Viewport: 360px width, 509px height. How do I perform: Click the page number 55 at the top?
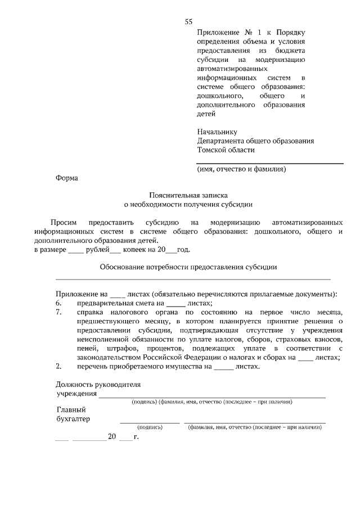188,22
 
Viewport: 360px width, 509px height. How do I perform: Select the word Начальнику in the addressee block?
217,132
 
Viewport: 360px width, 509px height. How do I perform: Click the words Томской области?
226,150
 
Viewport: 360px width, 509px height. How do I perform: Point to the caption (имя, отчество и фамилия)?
242,169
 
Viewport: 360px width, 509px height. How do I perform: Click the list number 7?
58,312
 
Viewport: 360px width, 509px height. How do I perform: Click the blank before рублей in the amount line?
75,250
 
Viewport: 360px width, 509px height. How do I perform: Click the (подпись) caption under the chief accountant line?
150,427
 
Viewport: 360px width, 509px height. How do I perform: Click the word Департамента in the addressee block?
223,141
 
